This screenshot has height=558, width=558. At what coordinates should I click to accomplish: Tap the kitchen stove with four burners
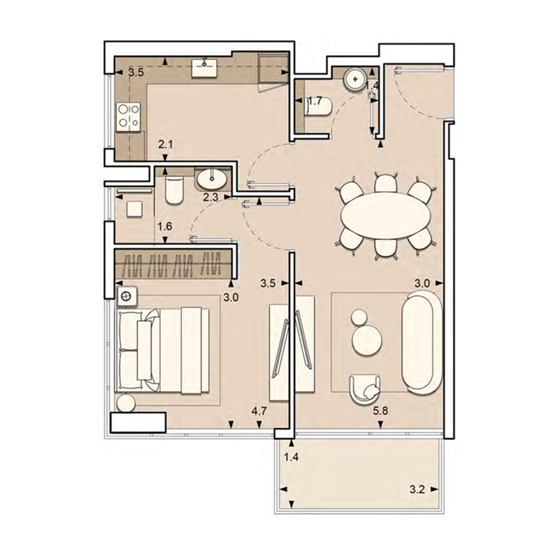[128, 116]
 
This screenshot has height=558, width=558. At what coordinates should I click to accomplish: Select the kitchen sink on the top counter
[205, 68]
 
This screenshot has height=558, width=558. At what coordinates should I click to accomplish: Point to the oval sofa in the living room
[421, 343]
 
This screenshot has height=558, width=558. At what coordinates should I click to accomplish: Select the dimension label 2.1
[165, 145]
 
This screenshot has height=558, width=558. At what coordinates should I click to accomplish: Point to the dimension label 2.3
[210, 197]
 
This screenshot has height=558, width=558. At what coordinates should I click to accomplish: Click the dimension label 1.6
[165, 226]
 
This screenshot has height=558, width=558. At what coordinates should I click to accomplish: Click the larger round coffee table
[367, 341]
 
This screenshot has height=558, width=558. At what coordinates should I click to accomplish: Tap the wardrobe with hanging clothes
[174, 264]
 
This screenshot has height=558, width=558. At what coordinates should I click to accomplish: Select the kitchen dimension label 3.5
[137, 72]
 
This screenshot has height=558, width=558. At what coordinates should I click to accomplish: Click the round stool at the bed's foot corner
[126, 402]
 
